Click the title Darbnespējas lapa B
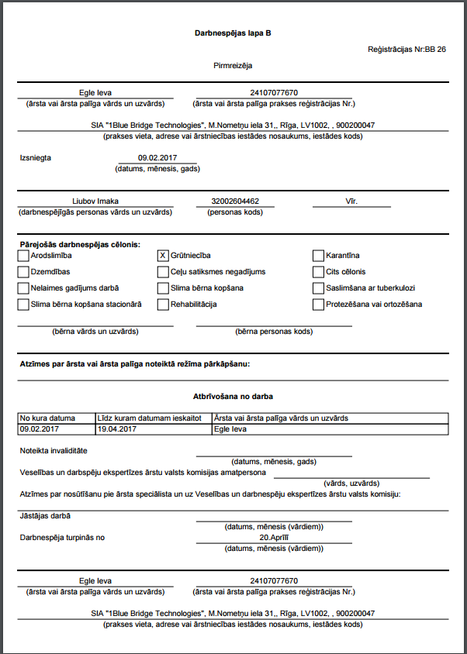tap(233, 34)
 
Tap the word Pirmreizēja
tap(233, 66)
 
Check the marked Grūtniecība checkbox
tap(163, 256)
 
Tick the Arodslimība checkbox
tap(22, 256)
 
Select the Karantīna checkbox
tap(319, 256)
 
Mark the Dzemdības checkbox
tap(22, 272)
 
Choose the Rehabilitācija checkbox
tap(163, 305)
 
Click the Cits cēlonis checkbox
tap(319, 272)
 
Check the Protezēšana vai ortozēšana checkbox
tap(319, 305)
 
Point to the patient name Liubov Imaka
tap(95, 201)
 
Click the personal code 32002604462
tap(235, 201)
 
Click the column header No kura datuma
tap(47, 418)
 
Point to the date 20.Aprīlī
tap(275, 537)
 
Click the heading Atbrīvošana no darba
tap(233, 396)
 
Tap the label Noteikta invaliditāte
tap(53, 450)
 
